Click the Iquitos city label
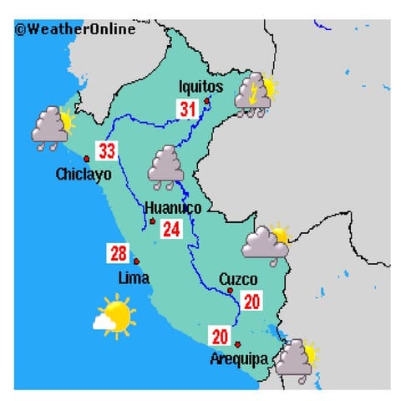201,86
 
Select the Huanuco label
173,208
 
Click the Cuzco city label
238,279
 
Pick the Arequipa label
239,359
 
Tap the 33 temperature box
107,151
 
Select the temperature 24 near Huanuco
172,228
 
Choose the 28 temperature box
118,252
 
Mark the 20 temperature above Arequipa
221,338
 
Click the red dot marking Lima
136,261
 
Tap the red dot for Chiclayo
85,158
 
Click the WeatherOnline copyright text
75,29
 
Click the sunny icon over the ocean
114,317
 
